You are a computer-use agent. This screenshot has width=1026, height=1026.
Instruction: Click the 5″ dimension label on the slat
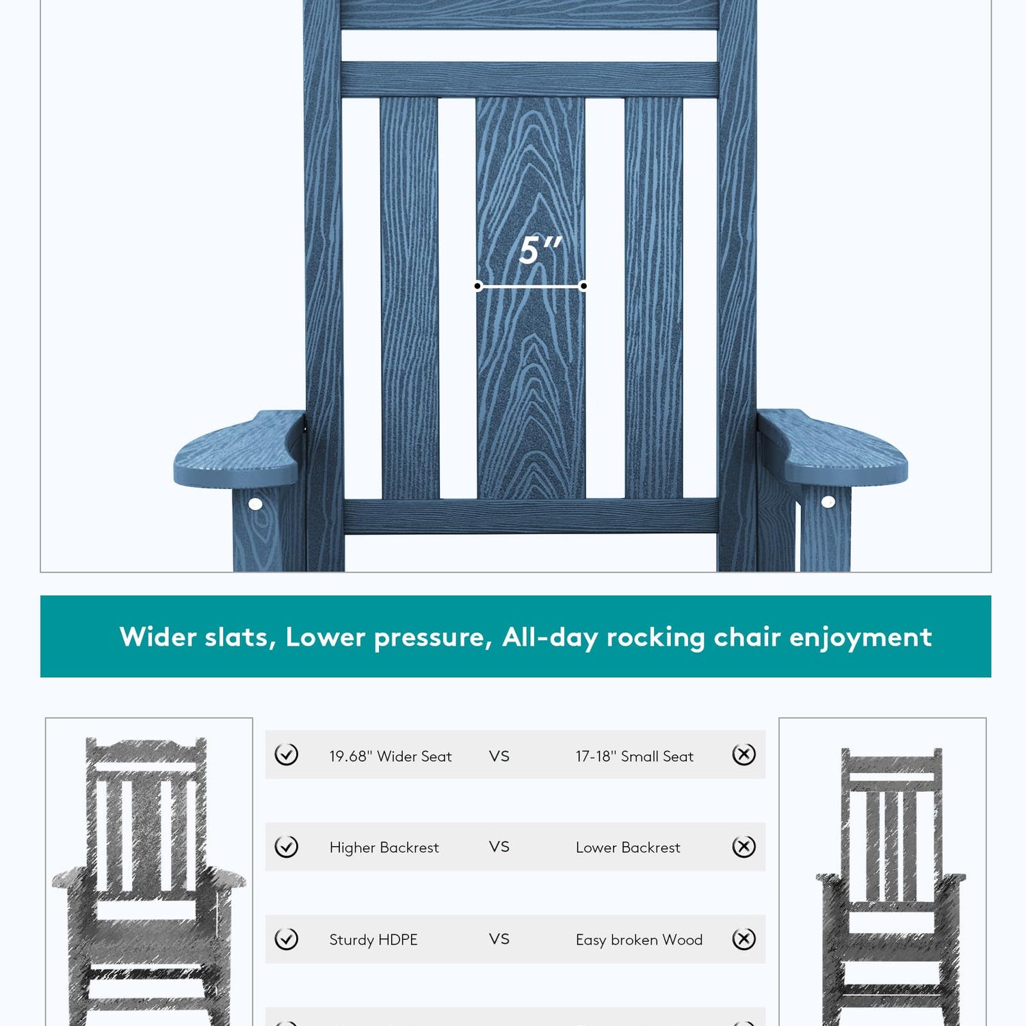pyautogui.click(x=540, y=250)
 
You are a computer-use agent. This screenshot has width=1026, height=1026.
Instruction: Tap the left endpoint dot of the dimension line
pyautogui.click(x=478, y=286)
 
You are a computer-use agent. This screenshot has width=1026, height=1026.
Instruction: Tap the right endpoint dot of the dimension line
pyautogui.click(x=583, y=286)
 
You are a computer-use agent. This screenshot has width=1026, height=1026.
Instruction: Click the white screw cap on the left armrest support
pyautogui.click(x=255, y=504)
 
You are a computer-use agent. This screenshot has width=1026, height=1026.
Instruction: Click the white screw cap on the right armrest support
pyautogui.click(x=828, y=502)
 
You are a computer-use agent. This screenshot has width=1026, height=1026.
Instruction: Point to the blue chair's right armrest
pyautogui.click(x=832, y=448)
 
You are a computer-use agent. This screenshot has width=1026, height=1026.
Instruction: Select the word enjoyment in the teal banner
pyautogui.click(x=860, y=638)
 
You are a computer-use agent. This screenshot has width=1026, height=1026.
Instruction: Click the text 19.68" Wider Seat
pyautogui.click(x=391, y=757)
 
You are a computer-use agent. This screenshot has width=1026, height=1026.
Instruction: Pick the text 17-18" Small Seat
pyautogui.click(x=634, y=757)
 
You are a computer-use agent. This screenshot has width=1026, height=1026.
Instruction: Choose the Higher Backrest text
pyautogui.click(x=384, y=847)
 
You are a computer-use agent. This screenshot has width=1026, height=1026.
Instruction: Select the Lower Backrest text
pyautogui.click(x=628, y=847)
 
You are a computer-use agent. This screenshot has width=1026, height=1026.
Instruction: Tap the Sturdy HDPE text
pyautogui.click(x=373, y=940)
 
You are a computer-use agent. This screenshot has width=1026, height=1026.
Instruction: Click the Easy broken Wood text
pyautogui.click(x=639, y=940)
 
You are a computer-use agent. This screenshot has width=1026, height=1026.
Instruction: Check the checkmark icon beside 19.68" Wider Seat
pyautogui.click(x=286, y=754)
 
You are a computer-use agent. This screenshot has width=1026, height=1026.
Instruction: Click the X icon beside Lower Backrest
pyautogui.click(x=744, y=847)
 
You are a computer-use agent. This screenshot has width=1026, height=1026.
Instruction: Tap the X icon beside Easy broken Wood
pyautogui.click(x=744, y=939)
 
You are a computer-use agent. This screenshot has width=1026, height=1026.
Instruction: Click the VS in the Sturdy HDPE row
pyautogui.click(x=499, y=939)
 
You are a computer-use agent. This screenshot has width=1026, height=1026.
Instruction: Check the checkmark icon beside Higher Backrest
pyautogui.click(x=286, y=847)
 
